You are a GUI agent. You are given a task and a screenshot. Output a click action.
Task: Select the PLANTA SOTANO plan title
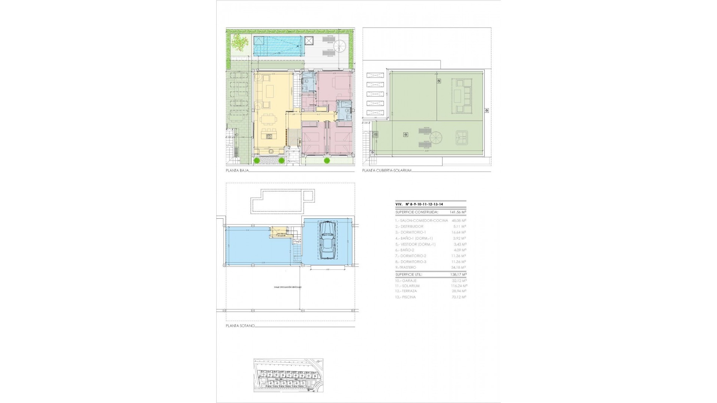coord(240,326)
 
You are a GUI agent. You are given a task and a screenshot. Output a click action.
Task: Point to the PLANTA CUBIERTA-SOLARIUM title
coord(387,171)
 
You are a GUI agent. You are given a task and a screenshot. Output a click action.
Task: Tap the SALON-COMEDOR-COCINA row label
coord(422,221)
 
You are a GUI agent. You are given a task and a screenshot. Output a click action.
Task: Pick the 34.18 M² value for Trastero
coord(459,268)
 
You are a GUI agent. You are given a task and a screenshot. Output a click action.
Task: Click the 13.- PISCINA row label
coord(406,297)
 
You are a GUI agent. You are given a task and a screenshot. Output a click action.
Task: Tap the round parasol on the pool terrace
coord(340,46)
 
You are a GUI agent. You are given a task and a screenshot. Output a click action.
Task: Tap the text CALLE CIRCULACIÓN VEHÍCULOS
coord(288,287)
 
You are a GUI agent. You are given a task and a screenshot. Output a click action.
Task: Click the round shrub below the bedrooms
coord(327,161)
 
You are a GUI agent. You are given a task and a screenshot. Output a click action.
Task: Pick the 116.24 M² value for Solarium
coord(459,286)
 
